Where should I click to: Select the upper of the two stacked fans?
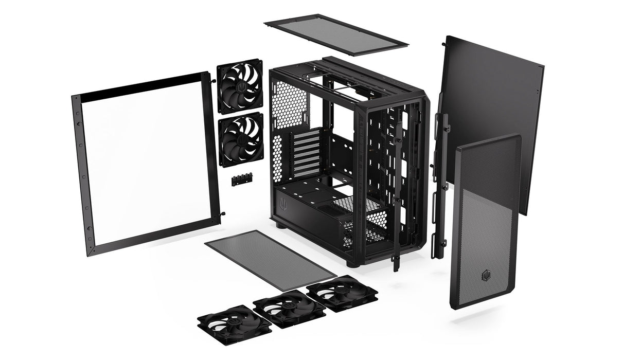point(240,86)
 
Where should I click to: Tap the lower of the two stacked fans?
point(241,139)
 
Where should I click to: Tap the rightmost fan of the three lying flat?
point(342,292)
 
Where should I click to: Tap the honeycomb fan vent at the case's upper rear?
point(288,105)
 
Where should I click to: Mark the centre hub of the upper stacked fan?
point(240,86)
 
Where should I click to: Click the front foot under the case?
point(351,263)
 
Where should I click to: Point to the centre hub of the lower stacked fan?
point(241,139)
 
